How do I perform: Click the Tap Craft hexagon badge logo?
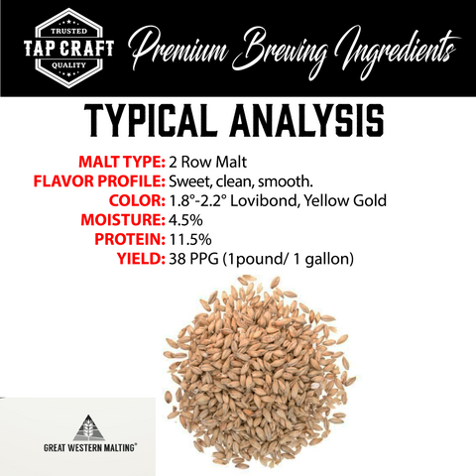[x=68, y=49]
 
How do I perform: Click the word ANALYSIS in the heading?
[x=307, y=120]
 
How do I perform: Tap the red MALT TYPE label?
[x=122, y=162]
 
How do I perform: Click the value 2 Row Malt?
[x=207, y=162]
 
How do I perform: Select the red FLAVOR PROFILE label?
[x=99, y=181]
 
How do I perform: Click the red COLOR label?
[x=137, y=200]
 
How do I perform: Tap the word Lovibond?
[x=265, y=200]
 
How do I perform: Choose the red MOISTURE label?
[x=123, y=220]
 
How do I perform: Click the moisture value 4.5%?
[x=185, y=220]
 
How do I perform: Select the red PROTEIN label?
[x=130, y=239]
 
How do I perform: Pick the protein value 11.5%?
[x=190, y=239]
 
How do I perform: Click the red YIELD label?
[x=141, y=259]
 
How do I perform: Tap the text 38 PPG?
[x=193, y=259]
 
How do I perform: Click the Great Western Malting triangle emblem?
[x=88, y=427]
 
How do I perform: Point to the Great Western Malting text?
[x=90, y=448]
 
